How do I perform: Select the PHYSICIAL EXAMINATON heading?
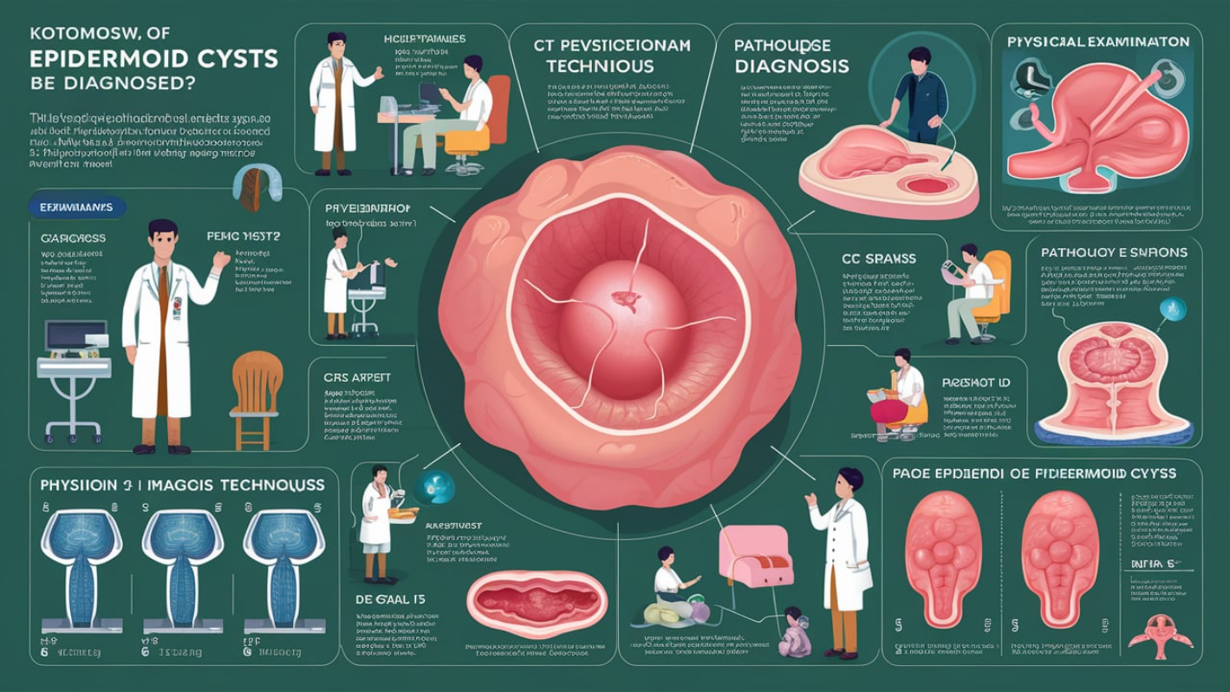[x=1097, y=41]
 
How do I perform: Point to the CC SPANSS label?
[x=878, y=258]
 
